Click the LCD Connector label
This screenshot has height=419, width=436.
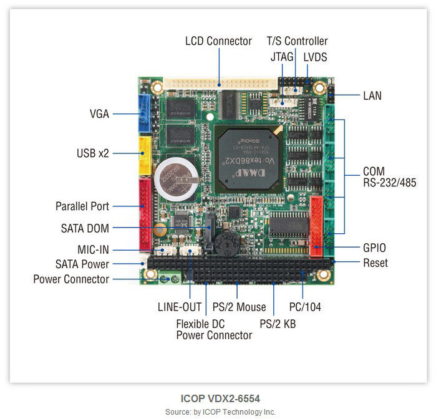click(218, 41)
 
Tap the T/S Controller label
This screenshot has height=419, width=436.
click(297, 41)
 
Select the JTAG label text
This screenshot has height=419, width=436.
click(281, 57)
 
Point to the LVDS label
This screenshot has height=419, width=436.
click(316, 57)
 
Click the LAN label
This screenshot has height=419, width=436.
click(372, 96)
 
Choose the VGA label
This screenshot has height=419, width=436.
click(99, 114)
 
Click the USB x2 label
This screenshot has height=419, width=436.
click(93, 153)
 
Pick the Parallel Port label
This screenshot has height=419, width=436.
click(82, 206)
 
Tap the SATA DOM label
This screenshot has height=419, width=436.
click(85, 229)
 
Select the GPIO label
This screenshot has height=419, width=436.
click(375, 248)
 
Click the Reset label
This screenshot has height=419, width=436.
click(375, 263)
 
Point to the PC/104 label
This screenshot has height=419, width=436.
click(306, 307)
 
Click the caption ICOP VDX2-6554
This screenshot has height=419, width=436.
click(220, 398)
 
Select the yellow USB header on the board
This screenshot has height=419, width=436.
click(144, 154)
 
